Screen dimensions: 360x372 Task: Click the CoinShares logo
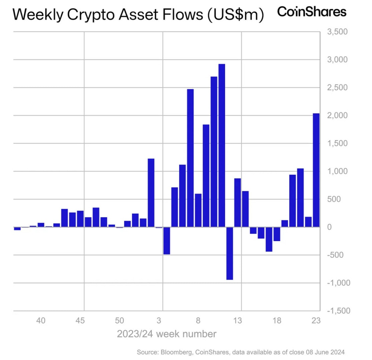click(x=312, y=12)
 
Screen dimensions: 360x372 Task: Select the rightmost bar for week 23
click(x=316, y=170)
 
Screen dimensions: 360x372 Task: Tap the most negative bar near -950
click(x=230, y=253)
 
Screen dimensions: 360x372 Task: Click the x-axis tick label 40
click(x=41, y=321)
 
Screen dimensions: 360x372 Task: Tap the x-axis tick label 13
click(x=237, y=321)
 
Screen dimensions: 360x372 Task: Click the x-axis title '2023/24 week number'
click(x=167, y=334)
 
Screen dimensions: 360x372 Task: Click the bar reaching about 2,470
click(x=190, y=158)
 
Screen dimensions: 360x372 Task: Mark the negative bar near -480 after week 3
click(x=167, y=241)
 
